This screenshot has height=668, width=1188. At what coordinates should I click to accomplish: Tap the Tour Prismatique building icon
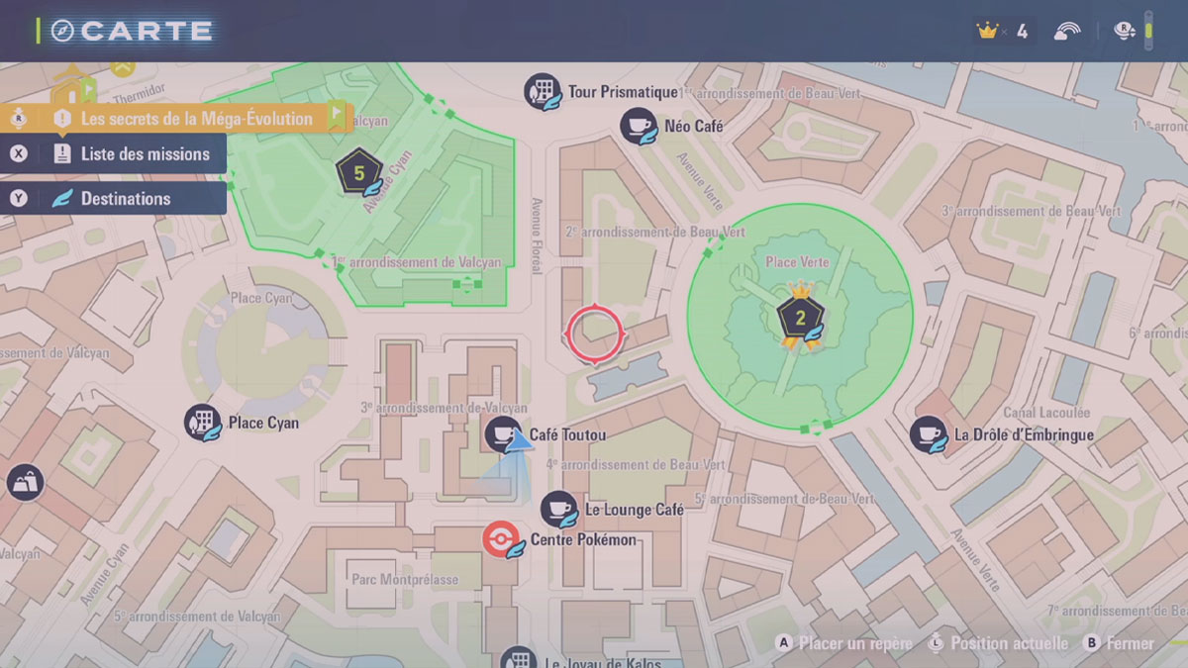(x=542, y=91)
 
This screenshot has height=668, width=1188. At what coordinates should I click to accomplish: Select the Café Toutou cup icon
(x=502, y=434)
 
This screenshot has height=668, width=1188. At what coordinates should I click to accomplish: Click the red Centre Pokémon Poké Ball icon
(x=500, y=539)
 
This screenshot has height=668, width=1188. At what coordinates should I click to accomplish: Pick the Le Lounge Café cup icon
(x=558, y=509)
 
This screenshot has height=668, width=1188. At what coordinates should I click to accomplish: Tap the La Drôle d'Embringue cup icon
(x=928, y=433)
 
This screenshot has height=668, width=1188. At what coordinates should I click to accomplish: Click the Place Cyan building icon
(x=202, y=423)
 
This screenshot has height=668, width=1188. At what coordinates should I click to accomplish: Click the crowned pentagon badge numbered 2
(x=798, y=316)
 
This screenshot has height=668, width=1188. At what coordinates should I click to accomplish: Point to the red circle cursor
(x=594, y=333)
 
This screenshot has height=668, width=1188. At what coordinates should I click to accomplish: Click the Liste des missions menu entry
(x=145, y=154)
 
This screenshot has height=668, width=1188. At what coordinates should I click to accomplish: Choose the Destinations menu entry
(x=125, y=199)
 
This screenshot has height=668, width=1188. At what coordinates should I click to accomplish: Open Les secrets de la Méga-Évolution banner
(x=196, y=119)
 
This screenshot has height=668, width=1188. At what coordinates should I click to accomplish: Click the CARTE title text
(x=147, y=31)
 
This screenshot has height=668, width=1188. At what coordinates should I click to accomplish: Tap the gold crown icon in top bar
(x=986, y=31)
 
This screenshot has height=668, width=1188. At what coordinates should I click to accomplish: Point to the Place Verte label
(x=797, y=262)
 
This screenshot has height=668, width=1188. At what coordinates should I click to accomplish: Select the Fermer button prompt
(x=1130, y=643)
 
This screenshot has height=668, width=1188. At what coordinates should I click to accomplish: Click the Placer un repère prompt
(x=855, y=643)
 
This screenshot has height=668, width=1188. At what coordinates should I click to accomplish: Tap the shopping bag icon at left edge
(x=24, y=483)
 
